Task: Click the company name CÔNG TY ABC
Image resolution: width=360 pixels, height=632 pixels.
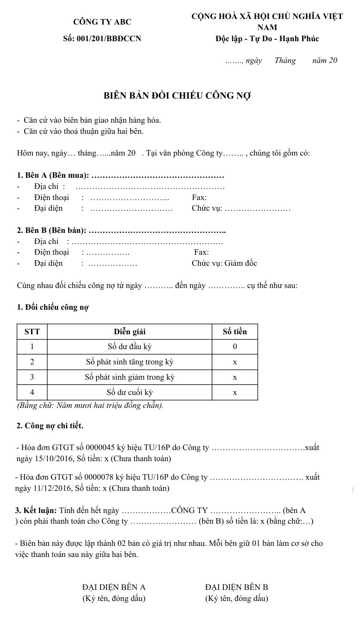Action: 102,22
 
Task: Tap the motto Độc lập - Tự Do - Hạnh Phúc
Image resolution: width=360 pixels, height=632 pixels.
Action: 267,39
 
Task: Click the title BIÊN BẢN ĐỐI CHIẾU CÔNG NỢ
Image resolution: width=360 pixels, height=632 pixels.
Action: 177,96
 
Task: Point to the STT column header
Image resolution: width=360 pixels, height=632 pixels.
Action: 32,332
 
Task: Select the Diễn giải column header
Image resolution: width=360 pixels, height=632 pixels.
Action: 130,332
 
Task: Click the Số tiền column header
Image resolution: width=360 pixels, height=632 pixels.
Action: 234,332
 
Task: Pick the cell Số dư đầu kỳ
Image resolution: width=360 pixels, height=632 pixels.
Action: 130,347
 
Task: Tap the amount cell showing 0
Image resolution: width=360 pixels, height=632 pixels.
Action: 234,347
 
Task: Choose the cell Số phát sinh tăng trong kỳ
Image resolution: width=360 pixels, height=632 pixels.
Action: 130,362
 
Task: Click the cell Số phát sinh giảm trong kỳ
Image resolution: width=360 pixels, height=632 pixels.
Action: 130,377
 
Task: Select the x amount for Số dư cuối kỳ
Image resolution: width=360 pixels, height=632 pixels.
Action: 234,393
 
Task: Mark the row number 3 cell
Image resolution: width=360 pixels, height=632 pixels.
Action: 32,377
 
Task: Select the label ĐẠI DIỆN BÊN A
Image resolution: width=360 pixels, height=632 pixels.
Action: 114,588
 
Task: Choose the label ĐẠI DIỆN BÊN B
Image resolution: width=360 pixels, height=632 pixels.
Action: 236,588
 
